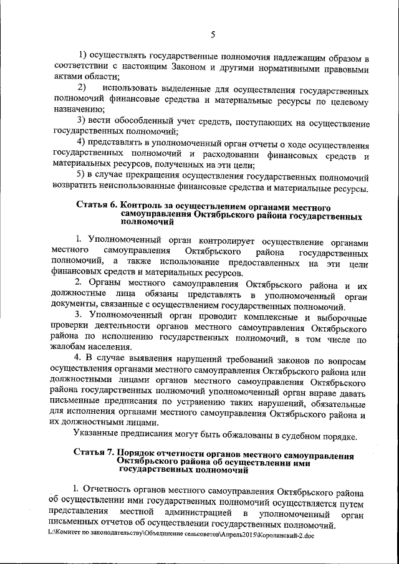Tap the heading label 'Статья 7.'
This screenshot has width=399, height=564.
[95, 450]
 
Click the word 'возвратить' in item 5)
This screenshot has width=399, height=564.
[78, 188]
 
